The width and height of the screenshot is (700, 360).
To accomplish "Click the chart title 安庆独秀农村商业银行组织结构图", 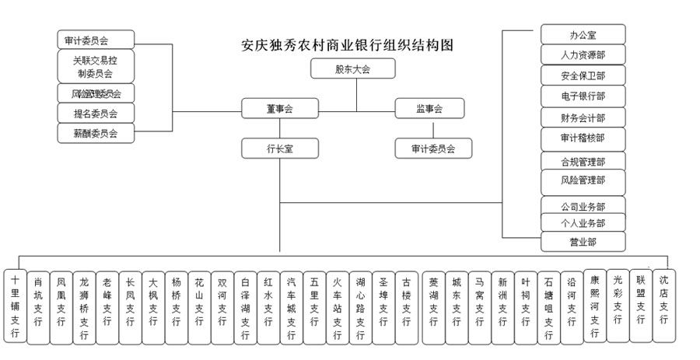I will point(347,45).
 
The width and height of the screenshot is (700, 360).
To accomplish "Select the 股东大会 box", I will point(352,69).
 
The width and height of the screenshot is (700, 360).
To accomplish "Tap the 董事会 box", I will point(278,110).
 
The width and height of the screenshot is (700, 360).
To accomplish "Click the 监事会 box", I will point(429,110).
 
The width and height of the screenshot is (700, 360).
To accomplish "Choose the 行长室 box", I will point(278,147).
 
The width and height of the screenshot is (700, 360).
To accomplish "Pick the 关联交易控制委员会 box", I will point(96,66).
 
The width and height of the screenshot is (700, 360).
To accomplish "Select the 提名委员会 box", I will point(96,114).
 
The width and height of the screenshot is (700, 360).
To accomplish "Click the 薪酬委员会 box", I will point(96,133).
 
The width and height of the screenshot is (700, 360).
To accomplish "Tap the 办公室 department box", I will point(583,35).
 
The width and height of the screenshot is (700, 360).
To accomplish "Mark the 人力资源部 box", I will point(583,55).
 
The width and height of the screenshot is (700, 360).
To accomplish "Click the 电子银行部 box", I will point(583,96).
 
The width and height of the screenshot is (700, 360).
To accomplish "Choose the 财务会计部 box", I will point(583,117).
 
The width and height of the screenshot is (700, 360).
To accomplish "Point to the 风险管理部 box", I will point(583,180).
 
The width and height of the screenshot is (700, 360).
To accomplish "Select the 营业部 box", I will point(583,241).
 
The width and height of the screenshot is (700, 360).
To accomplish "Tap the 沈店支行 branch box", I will point(663,296).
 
